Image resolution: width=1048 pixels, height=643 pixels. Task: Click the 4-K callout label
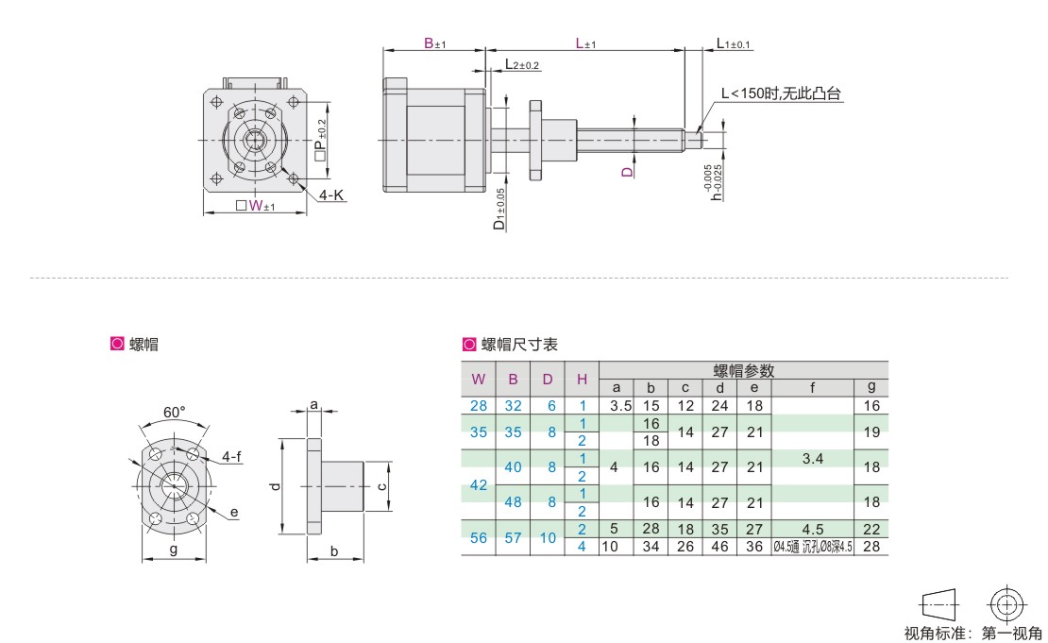pyautogui.click(x=331, y=195)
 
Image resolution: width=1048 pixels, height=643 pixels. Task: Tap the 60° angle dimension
pyautogui.click(x=174, y=413)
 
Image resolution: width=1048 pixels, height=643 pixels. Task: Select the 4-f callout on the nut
pyautogui.click(x=232, y=457)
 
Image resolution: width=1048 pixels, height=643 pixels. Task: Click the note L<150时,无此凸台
pyautogui.click(x=780, y=93)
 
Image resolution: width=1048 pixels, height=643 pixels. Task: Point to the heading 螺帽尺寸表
pyautogui.click(x=519, y=345)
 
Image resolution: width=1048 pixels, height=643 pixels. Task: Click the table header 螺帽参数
pyautogui.click(x=743, y=370)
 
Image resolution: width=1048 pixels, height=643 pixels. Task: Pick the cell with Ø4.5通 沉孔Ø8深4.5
pyautogui.click(x=812, y=546)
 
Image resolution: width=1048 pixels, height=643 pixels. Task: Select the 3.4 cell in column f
pyautogui.click(x=812, y=459)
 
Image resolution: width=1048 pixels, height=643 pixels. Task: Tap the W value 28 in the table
pyautogui.click(x=479, y=405)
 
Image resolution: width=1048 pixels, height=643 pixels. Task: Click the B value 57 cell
pyautogui.click(x=513, y=537)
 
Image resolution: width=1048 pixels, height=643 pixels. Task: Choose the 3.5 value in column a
pyautogui.click(x=617, y=405)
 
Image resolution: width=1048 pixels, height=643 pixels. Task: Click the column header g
pyautogui.click(x=871, y=387)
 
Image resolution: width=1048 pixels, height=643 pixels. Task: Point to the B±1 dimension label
pyautogui.click(x=434, y=43)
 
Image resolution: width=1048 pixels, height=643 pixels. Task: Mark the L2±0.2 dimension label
pyautogui.click(x=522, y=65)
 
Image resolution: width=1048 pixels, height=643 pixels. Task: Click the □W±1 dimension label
pyautogui.click(x=255, y=207)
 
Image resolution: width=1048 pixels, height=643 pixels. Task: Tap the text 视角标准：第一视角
pyautogui.click(x=972, y=633)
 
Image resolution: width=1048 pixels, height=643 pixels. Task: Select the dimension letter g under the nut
pyautogui.click(x=174, y=549)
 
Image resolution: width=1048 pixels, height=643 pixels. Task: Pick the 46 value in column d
pyautogui.click(x=719, y=546)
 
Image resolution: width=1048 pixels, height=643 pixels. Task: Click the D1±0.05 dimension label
pyautogui.click(x=499, y=210)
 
